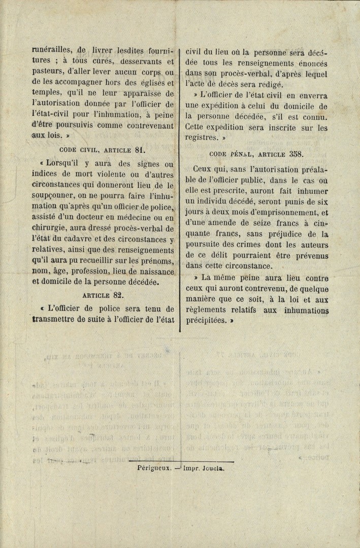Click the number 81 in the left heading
[x=140, y=150]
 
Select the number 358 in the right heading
[x=296, y=153]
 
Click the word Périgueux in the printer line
[x=153, y=469]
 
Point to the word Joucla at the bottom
[x=212, y=469]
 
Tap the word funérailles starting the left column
[x=51, y=50]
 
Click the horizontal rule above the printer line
[x=181, y=461]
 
